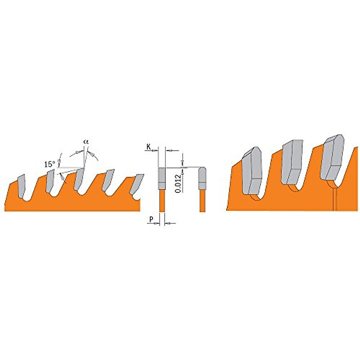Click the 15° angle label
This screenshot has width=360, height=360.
50,164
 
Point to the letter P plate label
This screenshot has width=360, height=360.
151,220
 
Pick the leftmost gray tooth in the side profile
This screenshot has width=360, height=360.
22,186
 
